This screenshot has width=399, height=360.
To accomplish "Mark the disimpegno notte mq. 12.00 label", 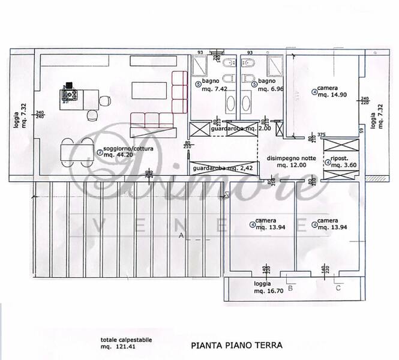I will click(x=290, y=161).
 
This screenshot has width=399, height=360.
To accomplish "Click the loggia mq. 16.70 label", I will click(x=264, y=287).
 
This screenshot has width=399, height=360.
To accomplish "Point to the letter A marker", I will click(x=181, y=236).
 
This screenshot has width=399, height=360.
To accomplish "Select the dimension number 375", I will click(x=321, y=134).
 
